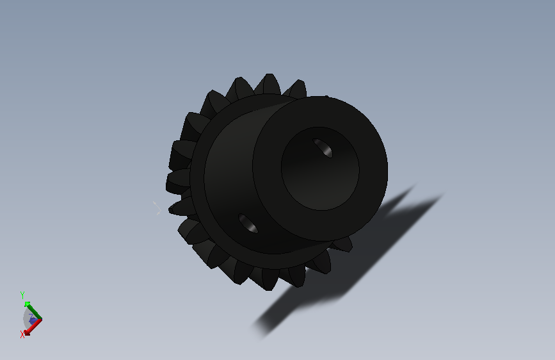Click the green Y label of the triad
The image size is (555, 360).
tap(22, 295)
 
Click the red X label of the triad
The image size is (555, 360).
tap(22, 334)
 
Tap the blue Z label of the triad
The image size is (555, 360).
tap(31, 316)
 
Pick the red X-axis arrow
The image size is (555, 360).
tap(33, 327)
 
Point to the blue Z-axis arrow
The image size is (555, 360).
tap(34, 321)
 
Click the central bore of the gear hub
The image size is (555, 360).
tap(320, 168)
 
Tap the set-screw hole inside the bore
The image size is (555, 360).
tap(323, 148)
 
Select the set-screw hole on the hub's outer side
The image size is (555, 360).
tap(248, 223)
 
